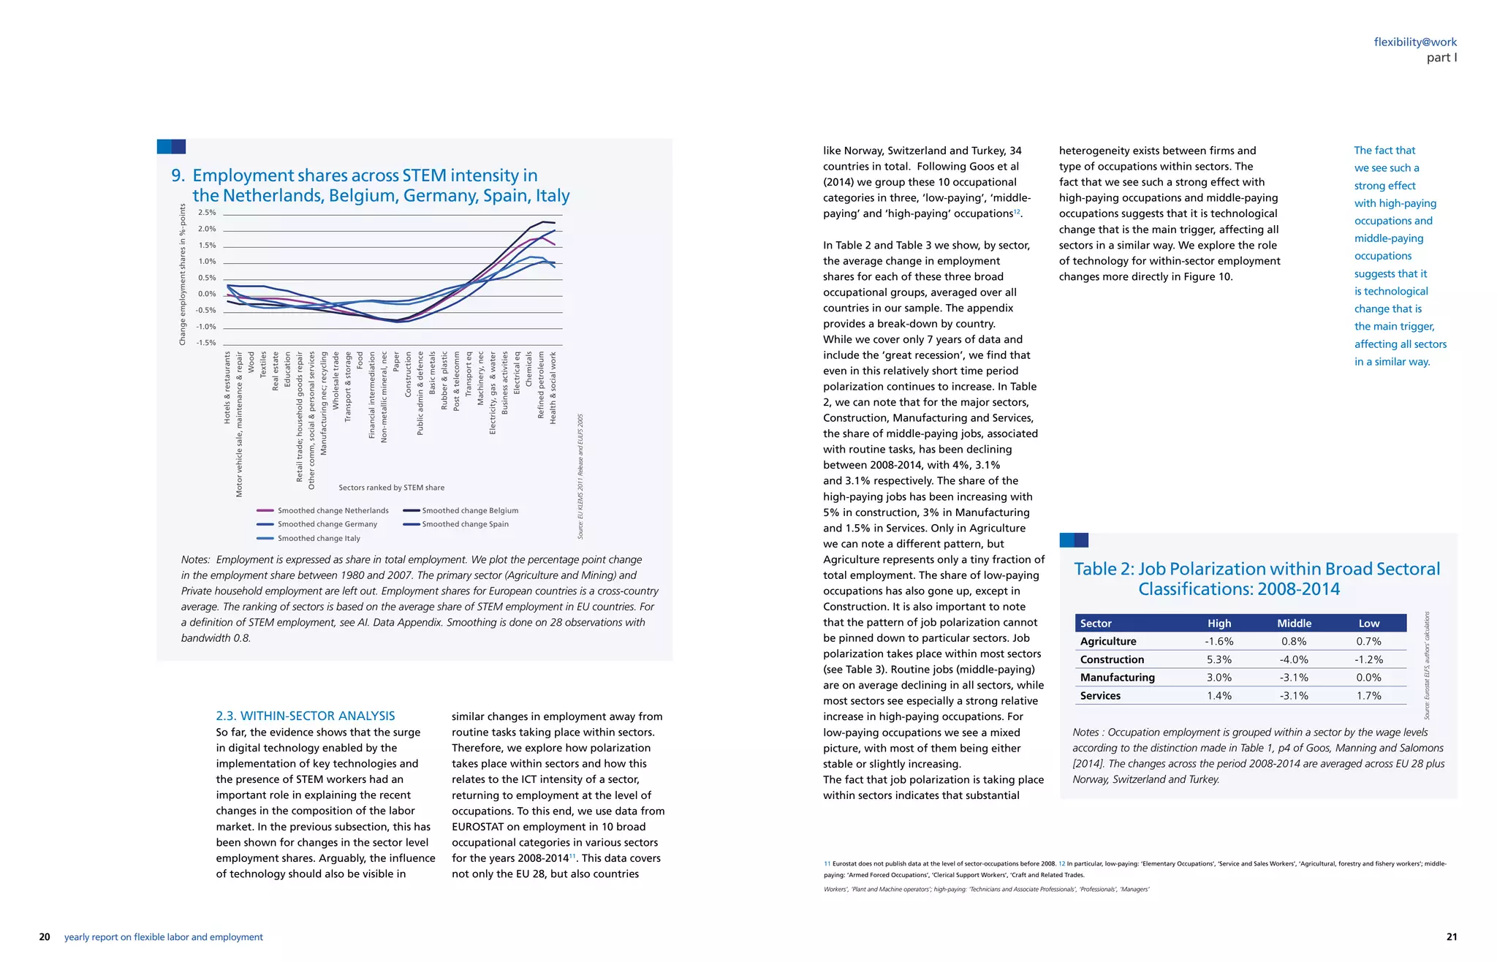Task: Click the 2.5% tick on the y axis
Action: coord(207,213)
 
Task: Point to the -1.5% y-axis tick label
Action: coord(206,343)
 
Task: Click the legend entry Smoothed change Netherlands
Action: coord(333,511)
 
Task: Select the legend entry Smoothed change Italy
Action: coord(319,539)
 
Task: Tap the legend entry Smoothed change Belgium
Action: coord(470,511)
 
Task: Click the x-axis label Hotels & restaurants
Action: coord(227,387)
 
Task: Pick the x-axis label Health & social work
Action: coord(553,388)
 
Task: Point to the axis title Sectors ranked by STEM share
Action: coord(391,488)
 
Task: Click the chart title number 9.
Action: coord(178,175)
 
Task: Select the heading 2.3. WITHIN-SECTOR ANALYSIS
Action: coord(306,716)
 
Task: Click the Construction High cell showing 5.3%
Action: coord(1219,659)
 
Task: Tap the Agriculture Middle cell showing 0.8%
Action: coord(1294,641)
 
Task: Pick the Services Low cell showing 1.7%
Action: coord(1368,696)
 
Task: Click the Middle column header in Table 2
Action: coord(1294,624)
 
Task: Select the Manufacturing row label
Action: coord(1117,678)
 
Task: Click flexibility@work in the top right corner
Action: coord(1415,42)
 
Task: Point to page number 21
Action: coord(1451,937)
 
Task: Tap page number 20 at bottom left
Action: coord(45,937)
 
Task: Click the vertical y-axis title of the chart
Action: coord(183,275)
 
